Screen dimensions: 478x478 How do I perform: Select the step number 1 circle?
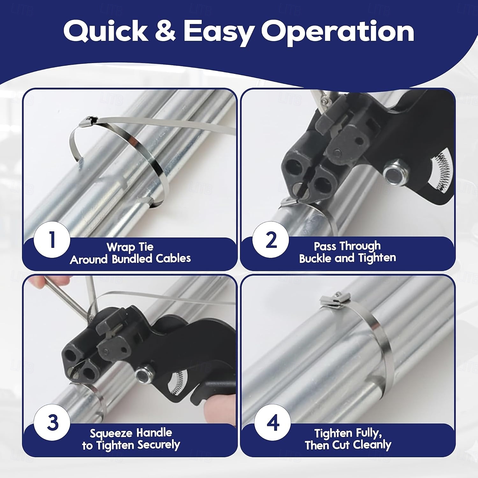click(x=52, y=240)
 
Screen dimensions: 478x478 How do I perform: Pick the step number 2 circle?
click(x=271, y=240)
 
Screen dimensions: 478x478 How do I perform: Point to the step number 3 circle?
click(x=52, y=423)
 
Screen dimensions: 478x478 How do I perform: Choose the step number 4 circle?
click(x=272, y=423)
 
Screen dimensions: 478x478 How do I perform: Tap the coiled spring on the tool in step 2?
click(x=440, y=169)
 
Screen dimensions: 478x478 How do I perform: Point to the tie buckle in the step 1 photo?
click(x=88, y=121)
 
